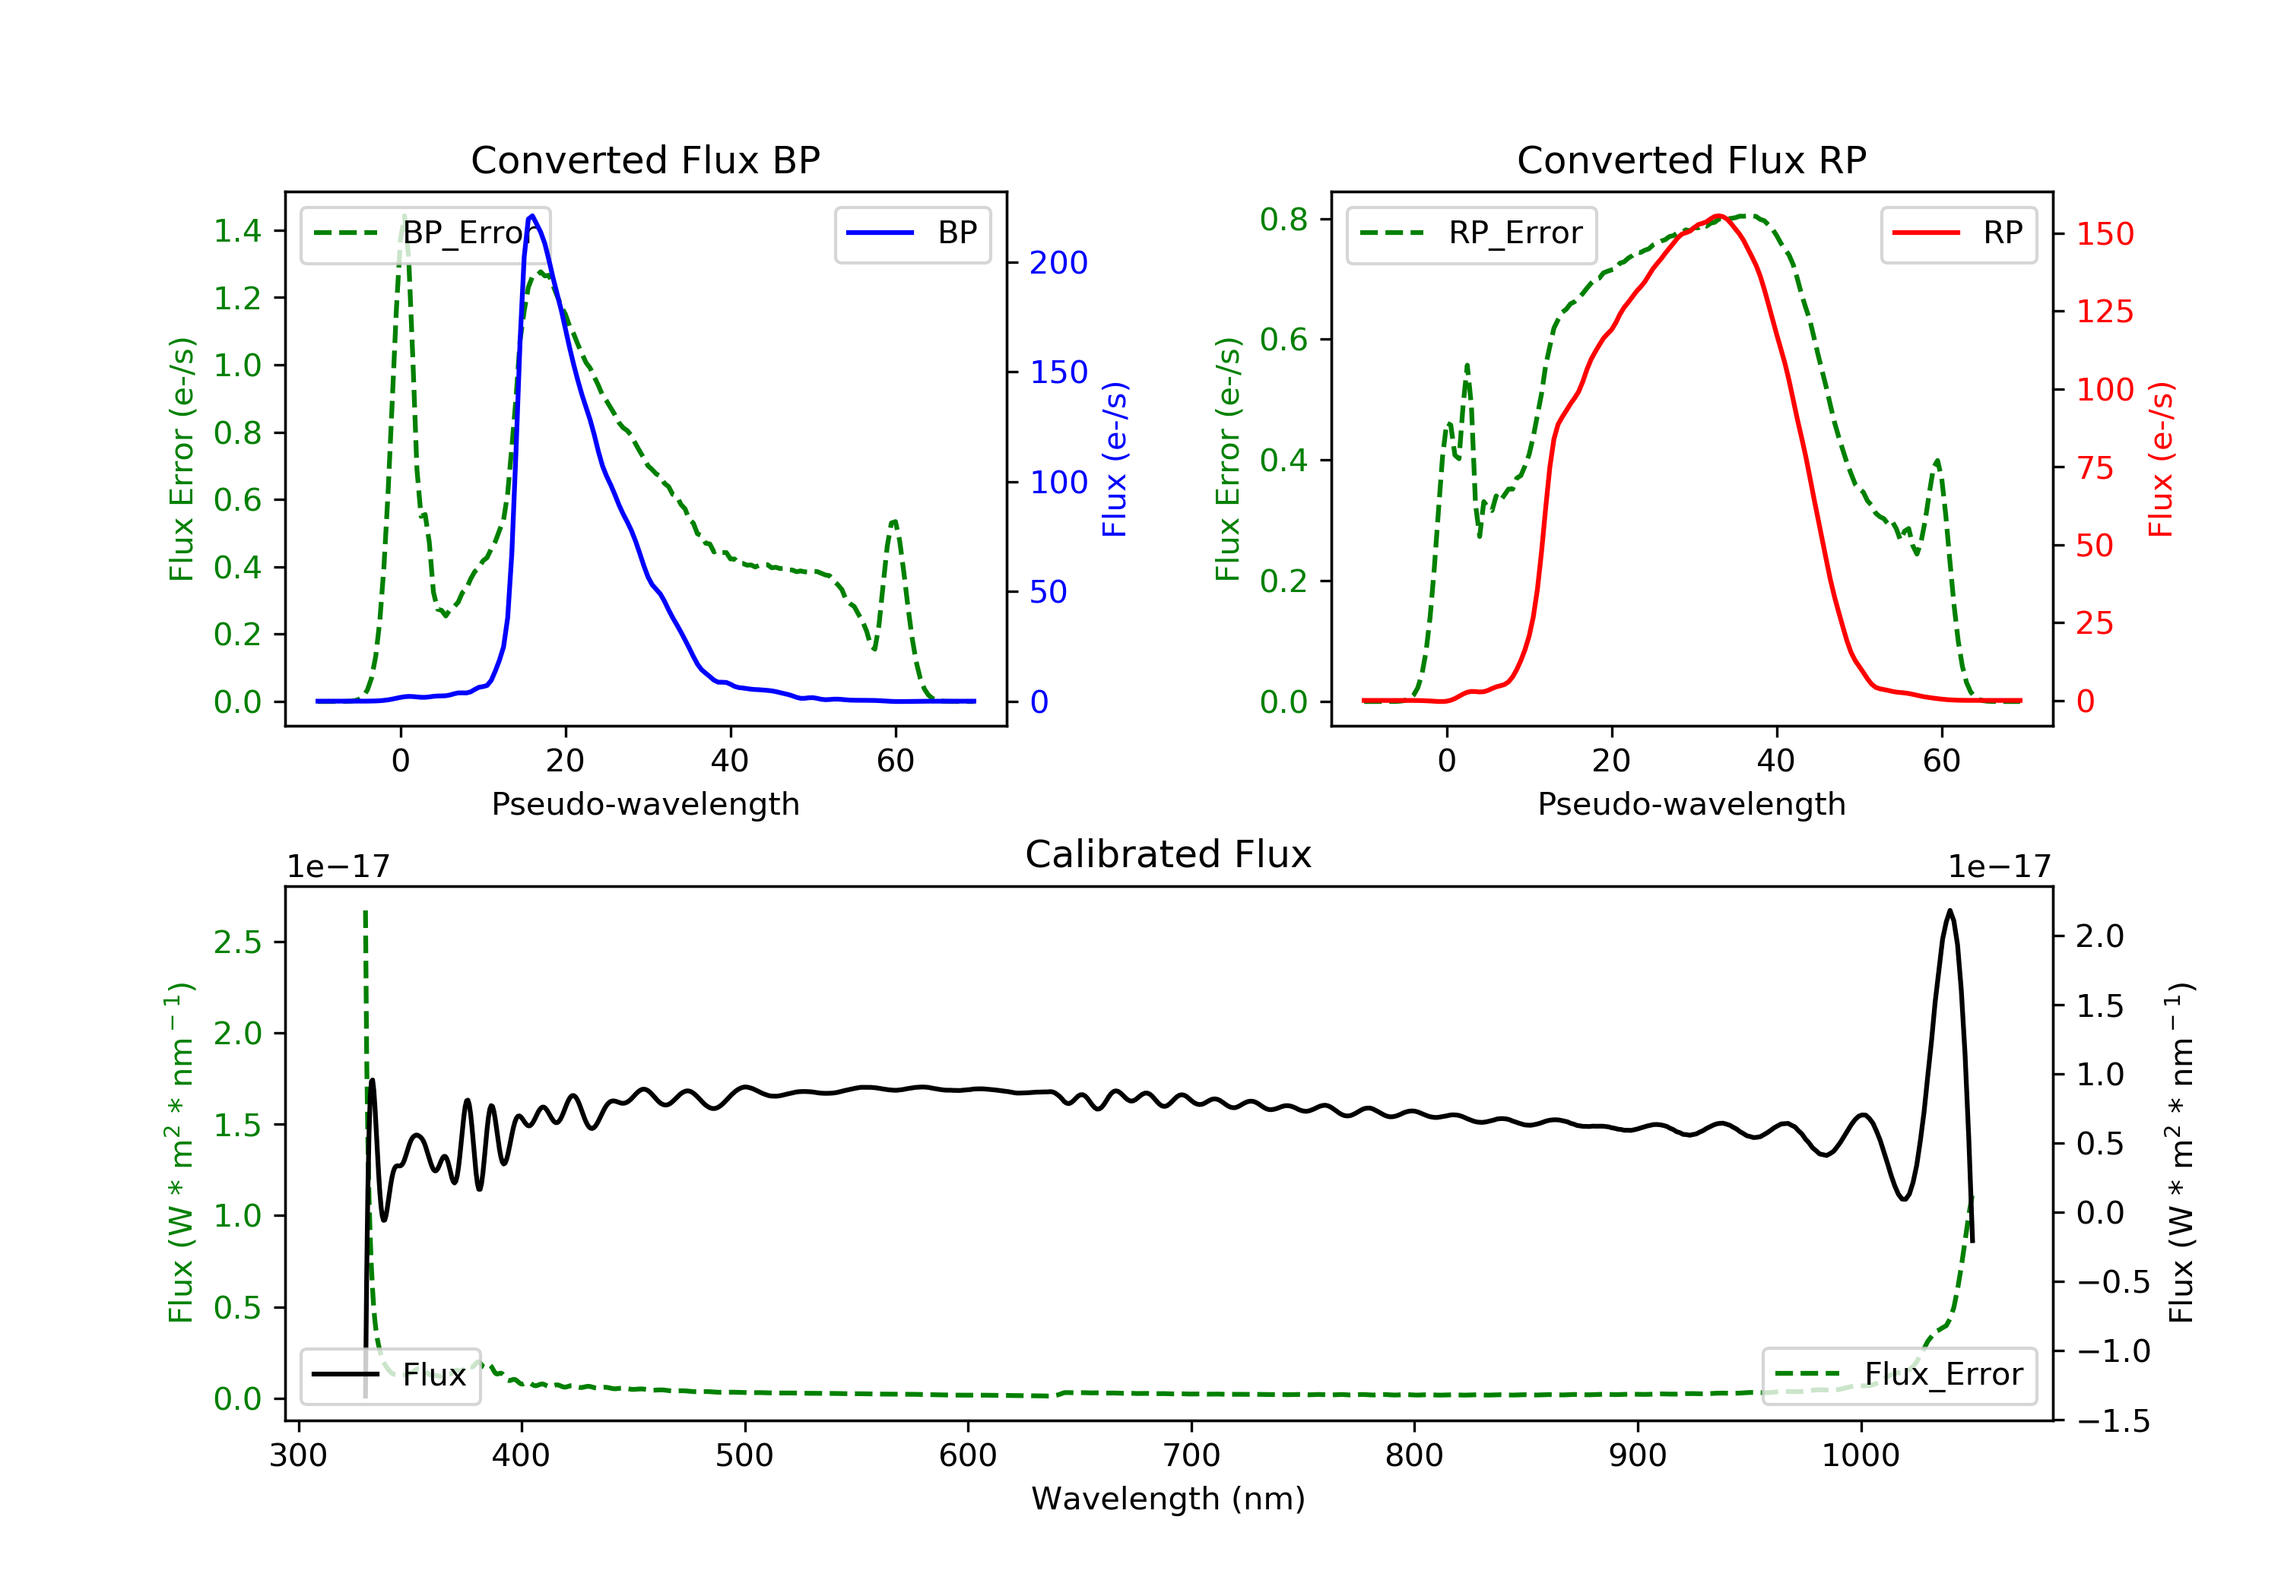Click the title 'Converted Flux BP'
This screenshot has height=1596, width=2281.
click(x=645, y=160)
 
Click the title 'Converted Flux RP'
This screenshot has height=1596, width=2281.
click(x=1691, y=160)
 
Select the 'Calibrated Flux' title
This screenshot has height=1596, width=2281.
click(x=1169, y=854)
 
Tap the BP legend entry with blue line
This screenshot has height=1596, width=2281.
click(x=912, y=233)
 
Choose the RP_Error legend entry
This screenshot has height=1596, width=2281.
click(x=1470, y=233)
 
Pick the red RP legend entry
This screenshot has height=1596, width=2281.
click(x=1958, y=233)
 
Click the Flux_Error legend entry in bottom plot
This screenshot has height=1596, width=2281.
click(x=1899, y=1375)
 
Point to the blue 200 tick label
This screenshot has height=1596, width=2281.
click(x=1058, y=263)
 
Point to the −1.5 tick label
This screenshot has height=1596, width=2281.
click(x=2112, y=1421)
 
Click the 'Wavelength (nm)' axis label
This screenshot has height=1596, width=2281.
click(x=1169, y=1498)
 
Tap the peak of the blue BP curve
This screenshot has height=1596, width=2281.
click(x=532, y=216)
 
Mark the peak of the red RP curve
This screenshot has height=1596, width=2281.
click(x=1718, y=216)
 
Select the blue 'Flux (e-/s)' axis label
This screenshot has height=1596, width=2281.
click(x=1115, y=460)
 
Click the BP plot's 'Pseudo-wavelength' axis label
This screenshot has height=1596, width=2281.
click(x=646, y=803)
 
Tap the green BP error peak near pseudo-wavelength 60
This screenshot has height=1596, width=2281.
click(x=894, y=521)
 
